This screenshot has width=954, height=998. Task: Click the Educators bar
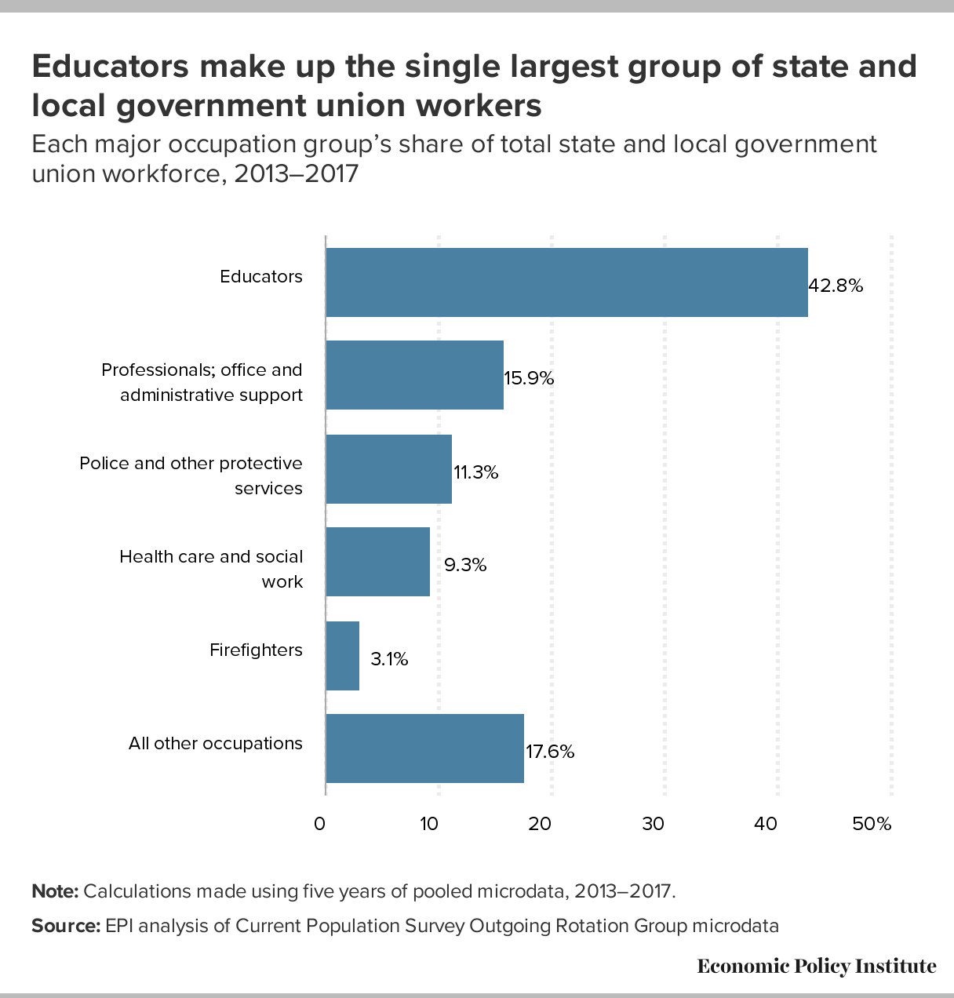(566, 282)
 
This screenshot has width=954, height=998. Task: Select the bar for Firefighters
(343, 656)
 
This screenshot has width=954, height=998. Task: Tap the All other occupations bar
(424, 748)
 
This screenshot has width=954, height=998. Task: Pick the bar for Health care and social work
(378, 562)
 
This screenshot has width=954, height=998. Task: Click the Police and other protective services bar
(389, 469)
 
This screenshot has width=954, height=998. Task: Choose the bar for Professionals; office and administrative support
(414, 375)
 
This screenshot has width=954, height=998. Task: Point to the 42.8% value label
(836, 285)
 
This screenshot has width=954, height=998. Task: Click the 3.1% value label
(389, 659)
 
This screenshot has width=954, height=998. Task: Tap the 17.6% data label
(550, 752)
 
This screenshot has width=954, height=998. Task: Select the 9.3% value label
(465, 565)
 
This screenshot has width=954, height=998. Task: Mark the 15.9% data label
(529, 378)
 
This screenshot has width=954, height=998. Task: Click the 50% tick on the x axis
(872, 824)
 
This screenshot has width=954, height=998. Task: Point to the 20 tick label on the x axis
(540, 824)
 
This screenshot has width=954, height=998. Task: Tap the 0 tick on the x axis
(319, 824)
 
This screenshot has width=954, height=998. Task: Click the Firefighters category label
(256, 650)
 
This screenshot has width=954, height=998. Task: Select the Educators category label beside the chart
(261, 276)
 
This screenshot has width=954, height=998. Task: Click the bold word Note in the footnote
(55, 891)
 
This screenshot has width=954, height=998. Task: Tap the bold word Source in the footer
(66, 926)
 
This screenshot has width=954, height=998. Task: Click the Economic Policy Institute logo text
(817, 966)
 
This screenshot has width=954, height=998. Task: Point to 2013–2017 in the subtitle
(296, 174)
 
